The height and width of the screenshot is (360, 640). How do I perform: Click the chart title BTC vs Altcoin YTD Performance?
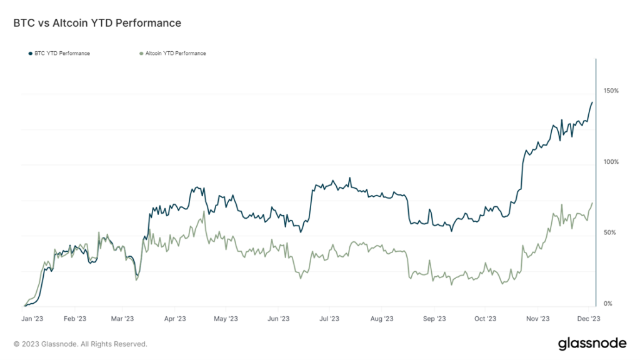coord(97,23)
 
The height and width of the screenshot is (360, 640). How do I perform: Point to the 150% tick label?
coord(611,91)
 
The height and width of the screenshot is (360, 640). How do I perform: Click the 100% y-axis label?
coord(611,162)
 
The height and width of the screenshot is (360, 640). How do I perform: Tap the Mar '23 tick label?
coord(122,318)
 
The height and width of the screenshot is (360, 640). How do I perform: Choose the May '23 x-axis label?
coord(225,318)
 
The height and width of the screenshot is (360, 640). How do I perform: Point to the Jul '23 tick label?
coord(330,318)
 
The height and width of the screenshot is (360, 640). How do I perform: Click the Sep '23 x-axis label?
coord(433,318)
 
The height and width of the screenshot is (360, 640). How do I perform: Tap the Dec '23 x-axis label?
coord(588,318)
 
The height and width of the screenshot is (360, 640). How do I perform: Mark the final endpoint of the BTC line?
coord(592,102)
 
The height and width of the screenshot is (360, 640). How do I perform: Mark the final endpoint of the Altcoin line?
coord(592,202)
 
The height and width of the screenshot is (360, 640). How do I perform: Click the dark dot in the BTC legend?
coord(30,54)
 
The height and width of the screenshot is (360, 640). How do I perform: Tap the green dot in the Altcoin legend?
coord(140,54)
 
